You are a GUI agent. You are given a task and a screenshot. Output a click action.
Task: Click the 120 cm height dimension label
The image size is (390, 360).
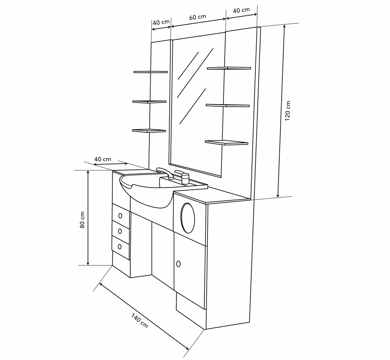287,111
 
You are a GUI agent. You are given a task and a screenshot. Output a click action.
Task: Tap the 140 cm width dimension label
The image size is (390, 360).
140,321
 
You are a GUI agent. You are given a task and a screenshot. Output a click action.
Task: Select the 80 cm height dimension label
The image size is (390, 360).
82,219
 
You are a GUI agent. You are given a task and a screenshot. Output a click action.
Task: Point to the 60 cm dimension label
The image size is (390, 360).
198,17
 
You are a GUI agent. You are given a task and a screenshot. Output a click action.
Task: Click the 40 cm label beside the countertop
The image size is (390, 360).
103,159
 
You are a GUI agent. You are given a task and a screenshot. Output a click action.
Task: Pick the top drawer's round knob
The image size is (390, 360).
120,216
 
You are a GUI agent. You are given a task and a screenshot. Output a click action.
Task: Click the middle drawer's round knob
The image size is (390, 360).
120,231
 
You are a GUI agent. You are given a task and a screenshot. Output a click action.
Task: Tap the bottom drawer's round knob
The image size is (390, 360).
120,247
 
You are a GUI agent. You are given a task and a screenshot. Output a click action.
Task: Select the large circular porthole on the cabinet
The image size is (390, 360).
188,218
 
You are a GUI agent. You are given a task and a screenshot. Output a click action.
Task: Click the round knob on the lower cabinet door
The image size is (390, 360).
178,264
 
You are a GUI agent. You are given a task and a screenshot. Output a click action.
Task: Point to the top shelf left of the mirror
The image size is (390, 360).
151,72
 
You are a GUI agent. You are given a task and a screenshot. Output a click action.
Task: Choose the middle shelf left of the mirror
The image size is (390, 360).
149,102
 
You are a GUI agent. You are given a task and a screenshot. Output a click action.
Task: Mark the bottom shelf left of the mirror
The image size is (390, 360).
149,131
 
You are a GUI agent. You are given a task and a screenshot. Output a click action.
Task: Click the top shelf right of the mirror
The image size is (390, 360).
229,68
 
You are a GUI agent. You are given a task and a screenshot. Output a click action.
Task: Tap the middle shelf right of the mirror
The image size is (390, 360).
228,105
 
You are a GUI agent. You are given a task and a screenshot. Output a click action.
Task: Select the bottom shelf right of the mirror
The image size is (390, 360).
227,143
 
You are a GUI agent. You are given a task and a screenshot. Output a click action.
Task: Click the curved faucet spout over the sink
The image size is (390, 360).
165,173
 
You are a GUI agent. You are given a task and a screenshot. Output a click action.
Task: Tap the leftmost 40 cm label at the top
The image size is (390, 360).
161,22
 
